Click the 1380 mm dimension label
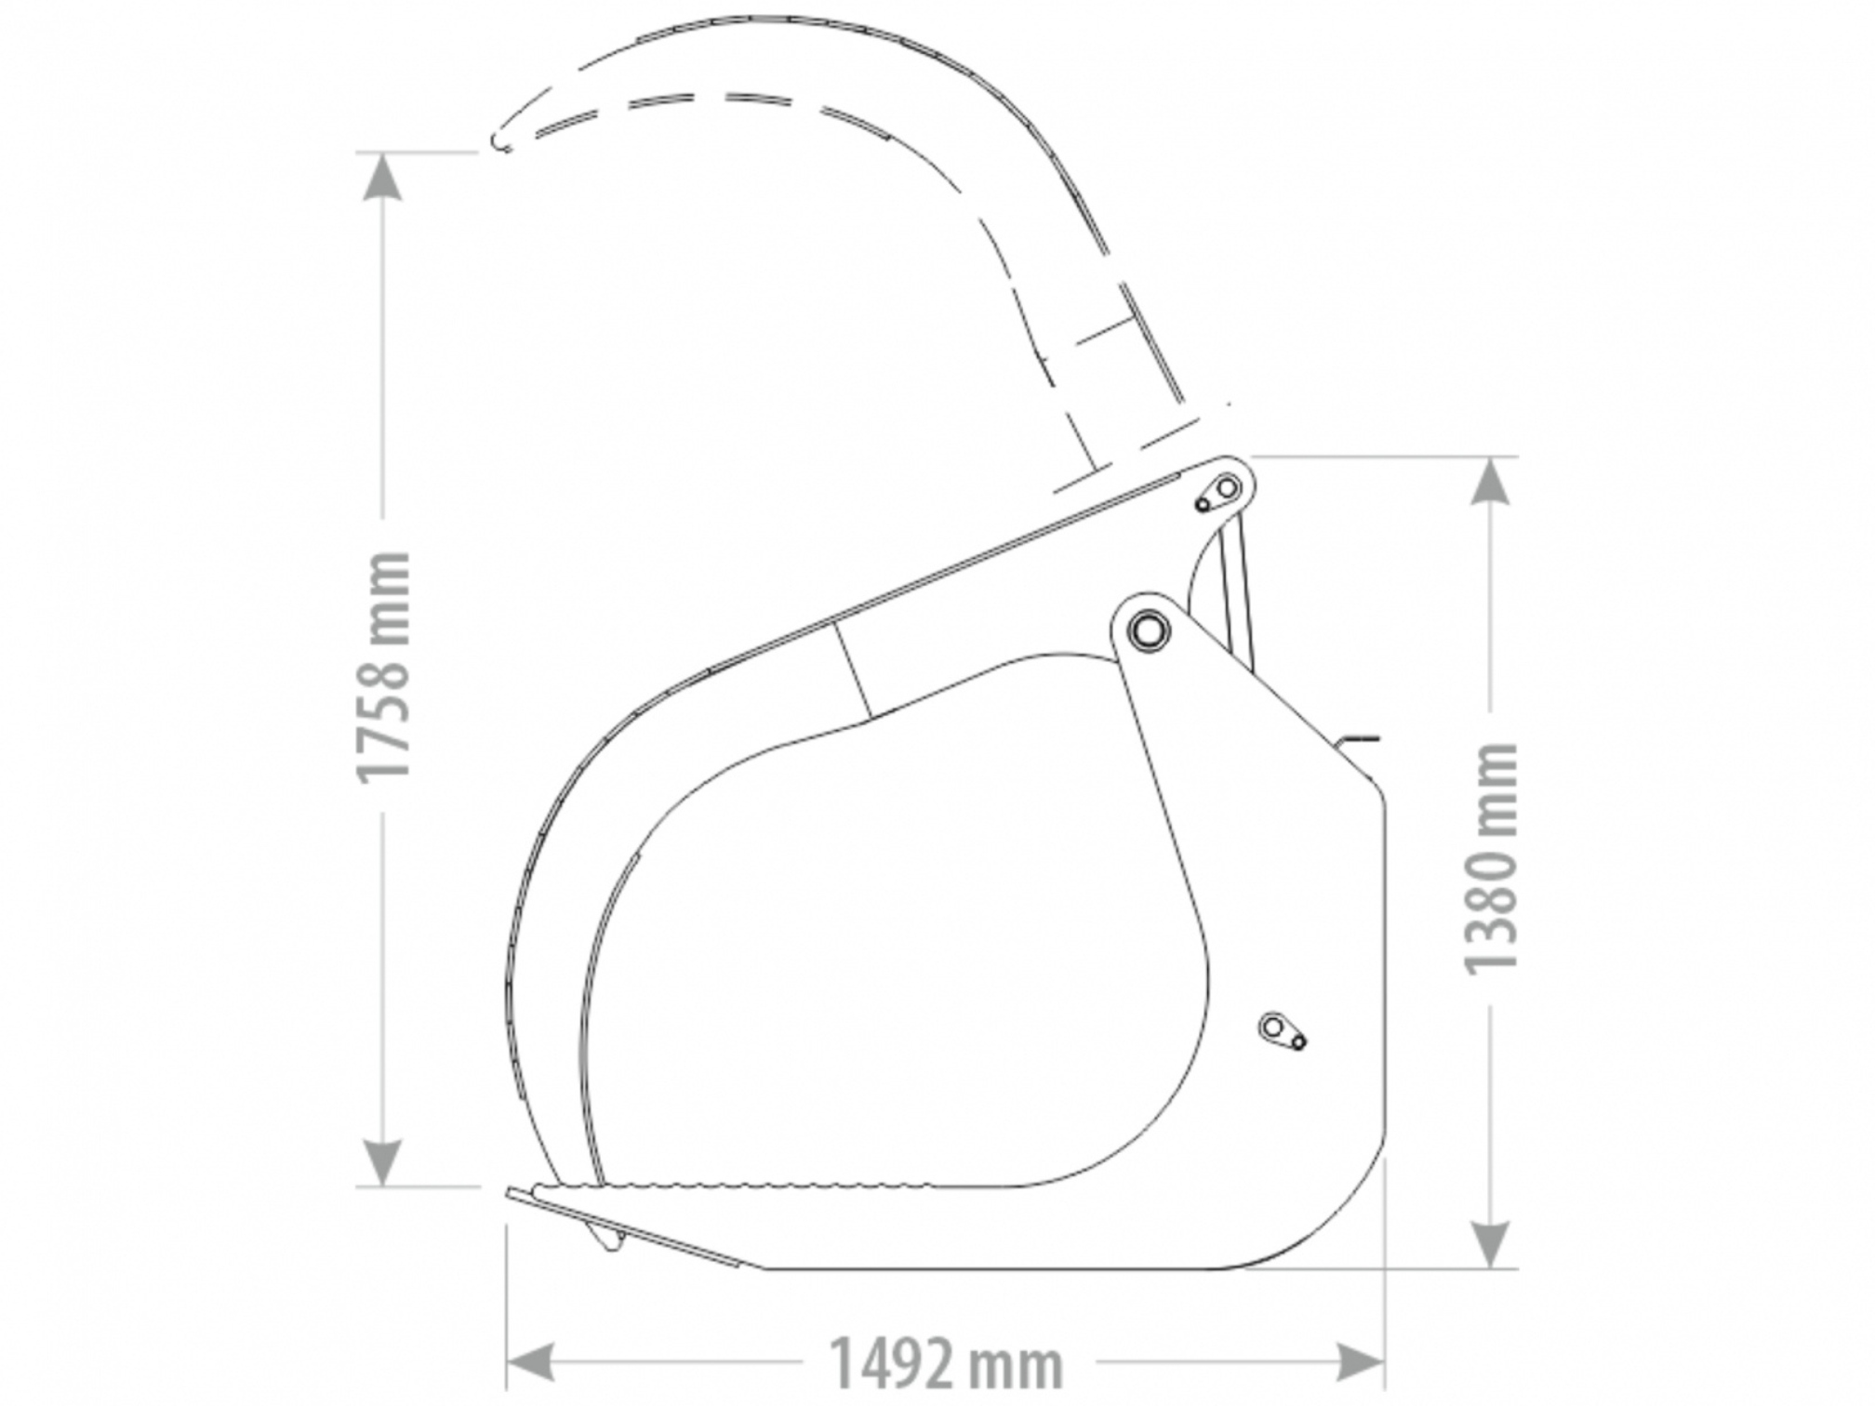coord(1491,858)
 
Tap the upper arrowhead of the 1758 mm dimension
coord(382,176)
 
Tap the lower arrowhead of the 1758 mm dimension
coord(382,1162)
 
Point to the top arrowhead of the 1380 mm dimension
coord(1491,480)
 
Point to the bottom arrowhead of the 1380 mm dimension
coord(1491,1244)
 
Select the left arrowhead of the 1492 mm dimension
coord(530,1363)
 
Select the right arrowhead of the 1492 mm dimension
coord(1361,1363)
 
